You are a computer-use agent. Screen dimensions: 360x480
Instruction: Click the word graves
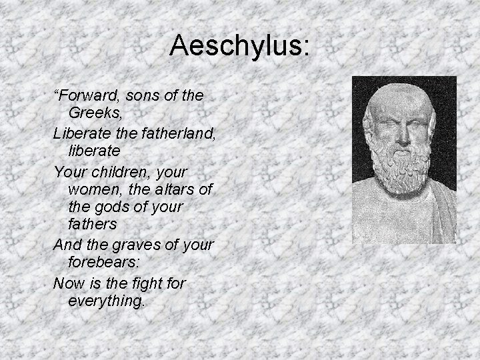click(x=135, y=245)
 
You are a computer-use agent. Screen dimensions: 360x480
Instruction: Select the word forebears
click(x=103, y=264)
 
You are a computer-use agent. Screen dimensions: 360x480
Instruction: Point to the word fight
click(x=147, y=283)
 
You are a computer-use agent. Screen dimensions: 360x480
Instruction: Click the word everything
click(x=105, y=301)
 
